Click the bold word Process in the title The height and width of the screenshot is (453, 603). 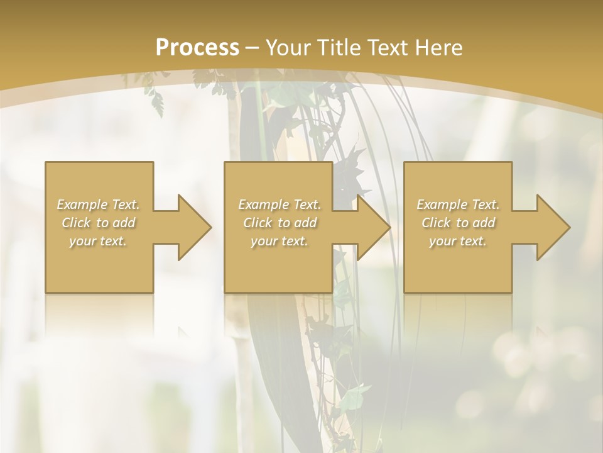coord(197,48)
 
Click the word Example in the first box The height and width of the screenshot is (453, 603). coord(82,204)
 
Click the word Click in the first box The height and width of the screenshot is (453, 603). coord(76,223)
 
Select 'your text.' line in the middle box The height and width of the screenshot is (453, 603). coord(279,241)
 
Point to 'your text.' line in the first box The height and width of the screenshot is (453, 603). coord(98,241)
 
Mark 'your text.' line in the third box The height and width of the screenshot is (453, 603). coord(458,241)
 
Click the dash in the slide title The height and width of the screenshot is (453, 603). coord(252,48)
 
